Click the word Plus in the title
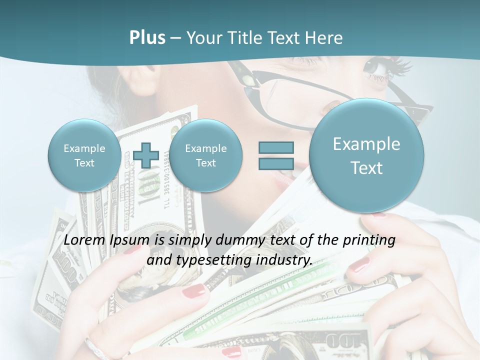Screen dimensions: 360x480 147,38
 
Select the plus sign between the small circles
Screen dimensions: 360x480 145,155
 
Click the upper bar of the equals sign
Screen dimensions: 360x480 276,148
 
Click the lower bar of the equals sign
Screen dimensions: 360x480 276,163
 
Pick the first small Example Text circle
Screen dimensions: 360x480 84,155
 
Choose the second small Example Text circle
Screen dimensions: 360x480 206,155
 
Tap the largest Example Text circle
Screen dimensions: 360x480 366,155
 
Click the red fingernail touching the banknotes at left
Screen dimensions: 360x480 195,290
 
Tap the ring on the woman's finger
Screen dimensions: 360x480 95,348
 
